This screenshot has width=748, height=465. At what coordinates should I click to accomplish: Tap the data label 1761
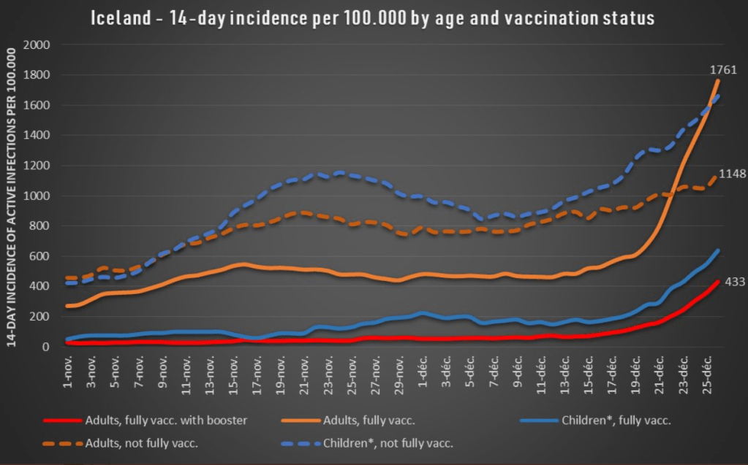click(x=724, y=70)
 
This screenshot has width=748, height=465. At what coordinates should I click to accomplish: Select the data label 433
click(x=733, y=282)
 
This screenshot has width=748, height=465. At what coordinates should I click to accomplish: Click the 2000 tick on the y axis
click(x=37, y=45)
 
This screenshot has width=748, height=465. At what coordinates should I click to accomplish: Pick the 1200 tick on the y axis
click(x=37, y=166)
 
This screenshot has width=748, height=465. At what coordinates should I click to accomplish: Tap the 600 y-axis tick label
click(x=39, y=256)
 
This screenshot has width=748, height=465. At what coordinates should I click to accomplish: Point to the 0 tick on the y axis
click(x=46, y=347)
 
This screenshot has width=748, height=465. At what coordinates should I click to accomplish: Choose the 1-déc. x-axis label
click(x=420, y=374)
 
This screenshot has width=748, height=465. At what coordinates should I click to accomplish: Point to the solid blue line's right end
click(x=719, y=250)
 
